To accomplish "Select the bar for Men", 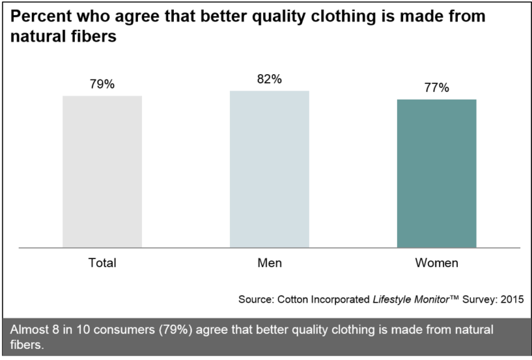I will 269,169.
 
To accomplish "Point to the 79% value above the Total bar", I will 102,84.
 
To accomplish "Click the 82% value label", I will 269,79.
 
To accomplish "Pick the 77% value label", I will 436,88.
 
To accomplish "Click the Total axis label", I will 102,263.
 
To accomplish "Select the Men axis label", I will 269,263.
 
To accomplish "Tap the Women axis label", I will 436,263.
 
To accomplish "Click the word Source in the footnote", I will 256,300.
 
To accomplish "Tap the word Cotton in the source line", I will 293,300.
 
